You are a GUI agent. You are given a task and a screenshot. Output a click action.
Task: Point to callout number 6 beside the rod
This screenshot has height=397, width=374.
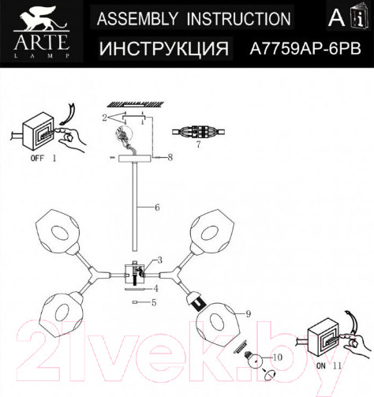point(157,208)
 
